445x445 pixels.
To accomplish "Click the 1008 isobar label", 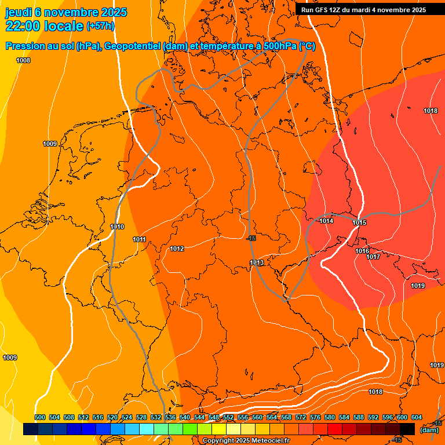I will click(x=23, y=61).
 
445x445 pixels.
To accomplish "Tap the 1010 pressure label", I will click(x=117, y=227).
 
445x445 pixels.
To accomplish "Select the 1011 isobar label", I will click(x=139, y=239).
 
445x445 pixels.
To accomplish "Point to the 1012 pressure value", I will click(x=177, y=249).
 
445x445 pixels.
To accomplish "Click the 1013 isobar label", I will click(x=257, y=262).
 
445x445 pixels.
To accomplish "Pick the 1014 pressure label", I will click(x=326, y=221).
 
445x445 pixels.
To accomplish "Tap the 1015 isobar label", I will click(x=359, y=223).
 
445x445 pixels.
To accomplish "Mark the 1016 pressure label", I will click(x=362, y=251).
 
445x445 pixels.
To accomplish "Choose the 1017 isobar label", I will click(x=373, y=257).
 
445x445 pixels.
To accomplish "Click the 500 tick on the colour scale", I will click(x=40, y=417).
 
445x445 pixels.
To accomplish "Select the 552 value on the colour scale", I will click(x=228, y=417).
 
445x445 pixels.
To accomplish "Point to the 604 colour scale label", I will click(x=417, y=417).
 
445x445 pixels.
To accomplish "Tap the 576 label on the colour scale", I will click(x=315, y=417).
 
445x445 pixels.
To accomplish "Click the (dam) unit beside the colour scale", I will click(x=429, y=430).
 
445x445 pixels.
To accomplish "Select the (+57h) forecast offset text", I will click(x=100, y=26).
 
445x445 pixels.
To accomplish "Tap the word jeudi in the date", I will click(x=19, y=12).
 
